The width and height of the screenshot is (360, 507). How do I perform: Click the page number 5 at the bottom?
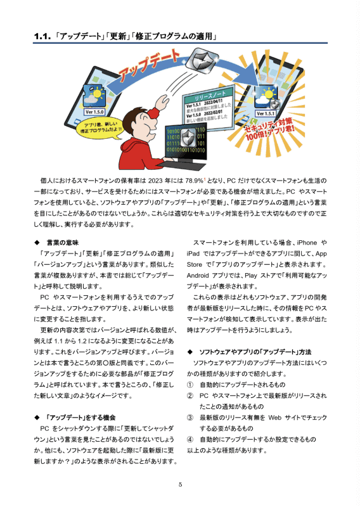180,485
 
